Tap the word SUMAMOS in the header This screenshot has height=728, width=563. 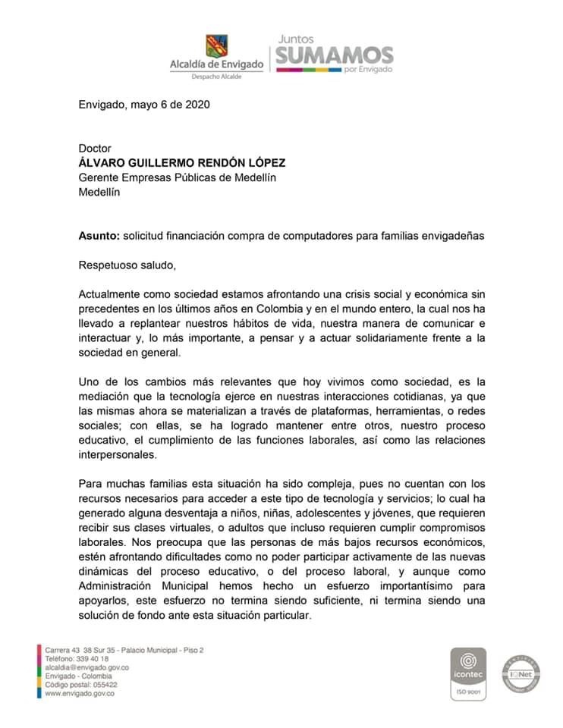pos(334,55)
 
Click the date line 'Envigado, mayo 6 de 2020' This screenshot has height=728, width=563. pos(143,105)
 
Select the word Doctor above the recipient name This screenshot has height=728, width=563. pos(95,149)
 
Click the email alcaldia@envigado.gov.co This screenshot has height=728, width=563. pos(86,667)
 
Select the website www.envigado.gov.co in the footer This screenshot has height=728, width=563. pos(80,692)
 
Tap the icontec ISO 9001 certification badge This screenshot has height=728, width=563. pos(469,673)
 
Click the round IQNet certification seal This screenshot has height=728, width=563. pos(520,673)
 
